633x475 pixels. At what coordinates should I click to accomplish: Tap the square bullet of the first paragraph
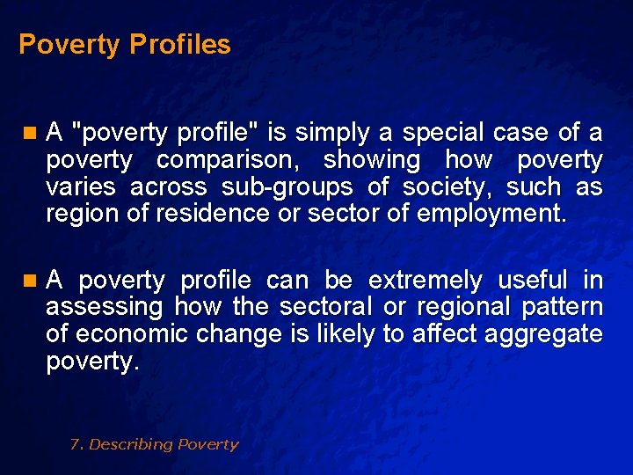click(x=30, y=134)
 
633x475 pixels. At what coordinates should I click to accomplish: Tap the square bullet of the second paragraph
click(x=30, y=281)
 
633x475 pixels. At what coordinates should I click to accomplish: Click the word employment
click(x=498, y=213)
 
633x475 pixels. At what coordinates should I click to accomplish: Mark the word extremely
click(x=425, y=281)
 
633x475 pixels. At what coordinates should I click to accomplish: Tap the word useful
click(x=533, y=281)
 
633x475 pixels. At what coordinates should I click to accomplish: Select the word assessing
click(x=104, y=307)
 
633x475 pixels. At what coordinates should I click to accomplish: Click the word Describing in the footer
click(x=131, y=444)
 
